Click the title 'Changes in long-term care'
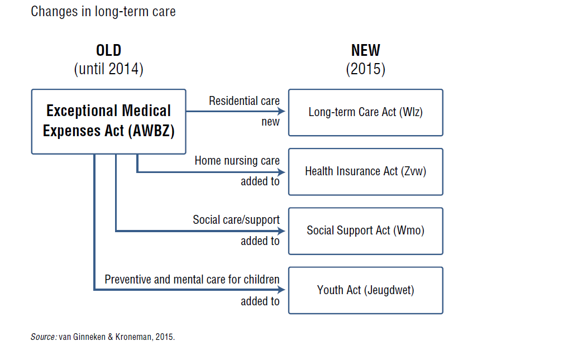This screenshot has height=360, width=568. tap(103, 12)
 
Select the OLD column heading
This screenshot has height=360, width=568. tap(109, 50)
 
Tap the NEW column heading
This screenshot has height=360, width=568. tap(365, 50)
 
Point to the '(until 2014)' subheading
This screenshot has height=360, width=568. tap(109, 69)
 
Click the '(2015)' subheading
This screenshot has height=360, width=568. tap(365, 69)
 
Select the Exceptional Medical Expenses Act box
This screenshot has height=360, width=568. tap(109, 122)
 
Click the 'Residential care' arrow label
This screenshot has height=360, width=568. tap(244, 100)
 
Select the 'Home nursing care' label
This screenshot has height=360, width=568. tap(237, 160)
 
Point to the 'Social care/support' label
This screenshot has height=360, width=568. tap(236, 220)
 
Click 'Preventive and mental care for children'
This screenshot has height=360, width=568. tap(192, 280)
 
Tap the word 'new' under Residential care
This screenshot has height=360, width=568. tap(271, 122)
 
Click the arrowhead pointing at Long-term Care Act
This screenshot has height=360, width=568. tap(281, 111)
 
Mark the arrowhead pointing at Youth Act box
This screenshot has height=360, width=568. tap(281, 289)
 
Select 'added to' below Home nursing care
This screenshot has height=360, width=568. tap(260, 181)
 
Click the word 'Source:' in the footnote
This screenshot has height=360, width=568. tap(44, 337)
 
